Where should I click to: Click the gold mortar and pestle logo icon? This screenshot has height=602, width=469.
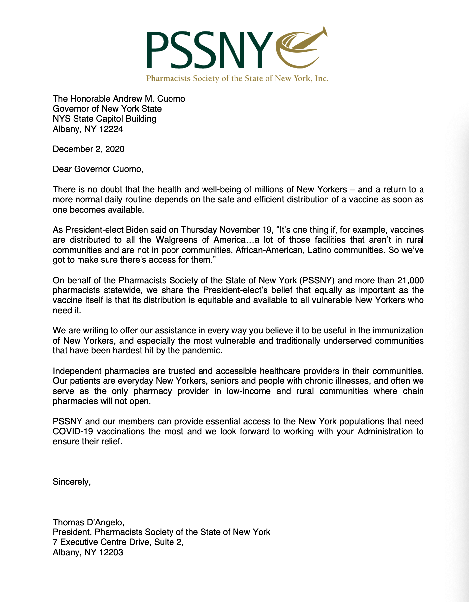tap(302, 48)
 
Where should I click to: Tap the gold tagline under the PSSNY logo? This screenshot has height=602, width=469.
tap(237, 78)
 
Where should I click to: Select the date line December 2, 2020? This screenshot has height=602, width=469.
tap(89, 149)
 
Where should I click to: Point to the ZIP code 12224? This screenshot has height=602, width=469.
tap(111, 129)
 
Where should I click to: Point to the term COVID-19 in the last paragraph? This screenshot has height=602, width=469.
tap(74, 432)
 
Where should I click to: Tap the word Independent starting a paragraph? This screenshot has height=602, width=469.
tap(78, 371)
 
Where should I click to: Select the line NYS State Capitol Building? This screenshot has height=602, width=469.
tap(105, 119)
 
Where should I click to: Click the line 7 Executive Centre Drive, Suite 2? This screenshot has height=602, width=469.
tap(118, 542)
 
